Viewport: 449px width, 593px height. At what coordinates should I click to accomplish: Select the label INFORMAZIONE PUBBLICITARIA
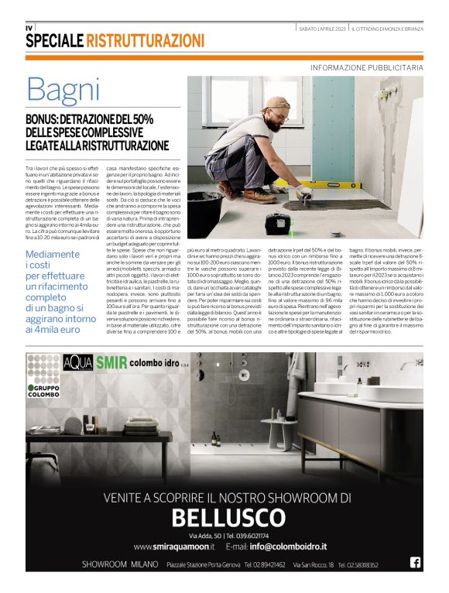366,67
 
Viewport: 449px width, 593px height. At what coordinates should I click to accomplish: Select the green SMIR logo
111,362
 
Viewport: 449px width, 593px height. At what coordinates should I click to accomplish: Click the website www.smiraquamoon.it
173,547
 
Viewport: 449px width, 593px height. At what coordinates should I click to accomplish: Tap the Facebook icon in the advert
415,563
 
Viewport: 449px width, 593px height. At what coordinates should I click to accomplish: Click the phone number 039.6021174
247,535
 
